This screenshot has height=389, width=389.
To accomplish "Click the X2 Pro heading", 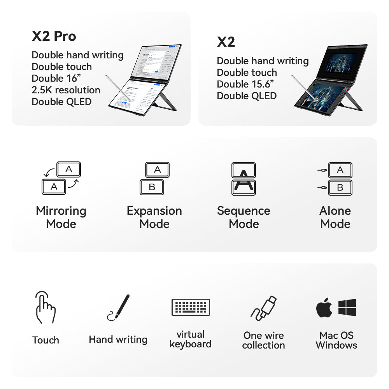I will click(54, 36).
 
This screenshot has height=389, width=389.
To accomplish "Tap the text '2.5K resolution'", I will click(66, 90).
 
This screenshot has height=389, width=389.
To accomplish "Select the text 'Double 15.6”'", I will click(245, 84).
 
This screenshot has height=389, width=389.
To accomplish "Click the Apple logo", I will click(324, 308).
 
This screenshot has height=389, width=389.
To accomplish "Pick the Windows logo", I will click(347, 307).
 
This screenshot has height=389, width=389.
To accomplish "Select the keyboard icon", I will click(191, 307).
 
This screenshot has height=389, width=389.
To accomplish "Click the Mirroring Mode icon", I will click(61, 178).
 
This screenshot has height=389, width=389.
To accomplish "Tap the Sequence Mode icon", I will click(244, 178).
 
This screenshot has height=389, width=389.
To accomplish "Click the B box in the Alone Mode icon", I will click(340, 187).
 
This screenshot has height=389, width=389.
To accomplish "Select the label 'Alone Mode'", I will click(335, 217).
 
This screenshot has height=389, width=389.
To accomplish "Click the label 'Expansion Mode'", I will click(154, 217).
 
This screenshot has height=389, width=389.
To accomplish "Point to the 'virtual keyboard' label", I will click(191, 339).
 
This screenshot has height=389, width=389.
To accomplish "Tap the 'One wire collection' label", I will click(263, 340).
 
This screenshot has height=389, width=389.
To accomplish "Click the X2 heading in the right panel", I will click(226, 42).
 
